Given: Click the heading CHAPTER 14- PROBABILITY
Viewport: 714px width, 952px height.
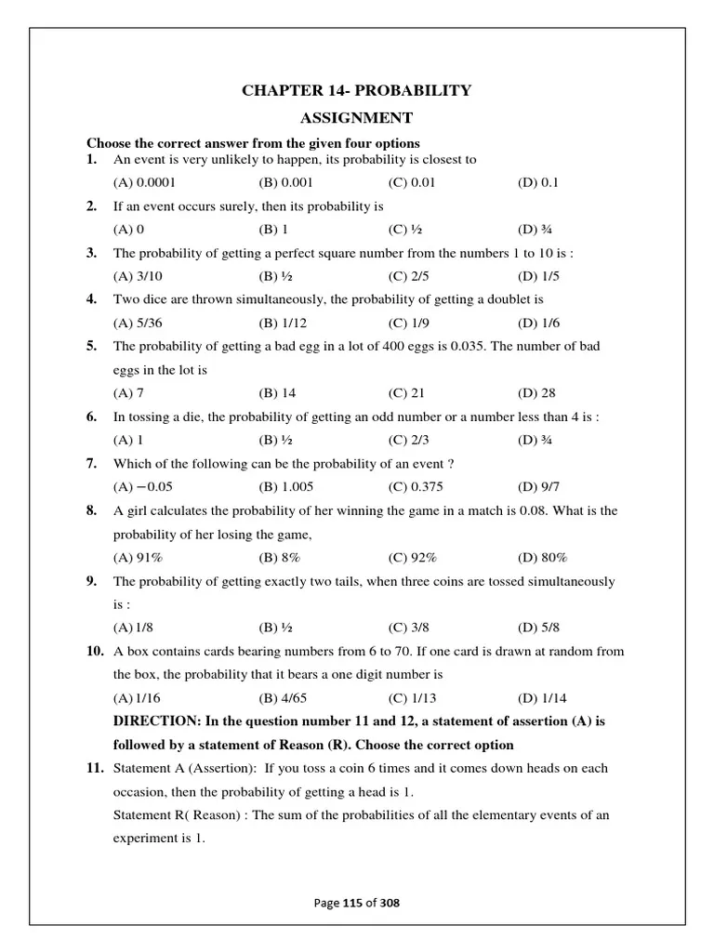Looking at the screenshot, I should [356, 90].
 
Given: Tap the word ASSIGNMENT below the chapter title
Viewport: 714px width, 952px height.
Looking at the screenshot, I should [356, 118].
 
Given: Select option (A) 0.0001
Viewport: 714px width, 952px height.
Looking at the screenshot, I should [144, 182].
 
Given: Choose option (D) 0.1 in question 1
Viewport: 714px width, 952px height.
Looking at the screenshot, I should [538, 182].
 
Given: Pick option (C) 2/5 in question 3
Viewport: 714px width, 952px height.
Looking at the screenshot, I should [410, 276].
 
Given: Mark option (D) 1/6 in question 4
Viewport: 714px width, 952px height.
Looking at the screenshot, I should [538, 323].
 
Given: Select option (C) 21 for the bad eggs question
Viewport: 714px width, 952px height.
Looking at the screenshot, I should [406, 393].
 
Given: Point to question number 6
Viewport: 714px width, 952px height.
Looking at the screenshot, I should [92, 416].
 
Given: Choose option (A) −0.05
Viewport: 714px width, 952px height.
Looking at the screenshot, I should [143, 487].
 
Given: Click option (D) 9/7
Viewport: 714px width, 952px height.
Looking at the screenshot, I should [538, 487].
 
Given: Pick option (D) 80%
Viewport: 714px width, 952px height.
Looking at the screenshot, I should [543, 557].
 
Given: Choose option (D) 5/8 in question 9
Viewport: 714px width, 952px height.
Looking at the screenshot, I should [538, 628].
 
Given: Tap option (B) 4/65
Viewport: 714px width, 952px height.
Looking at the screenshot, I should [280, 698].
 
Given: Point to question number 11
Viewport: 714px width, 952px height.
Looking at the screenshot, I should [94, 769].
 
